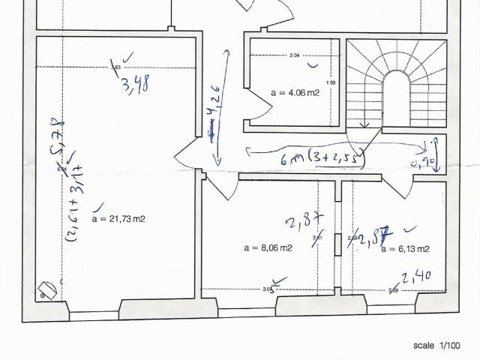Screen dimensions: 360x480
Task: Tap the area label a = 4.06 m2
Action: click(295, 93)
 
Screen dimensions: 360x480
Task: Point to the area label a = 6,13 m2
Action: click(406, 248)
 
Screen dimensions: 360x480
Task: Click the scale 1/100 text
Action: click(438, 346)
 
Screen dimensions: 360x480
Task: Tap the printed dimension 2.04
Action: click(294, 55)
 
